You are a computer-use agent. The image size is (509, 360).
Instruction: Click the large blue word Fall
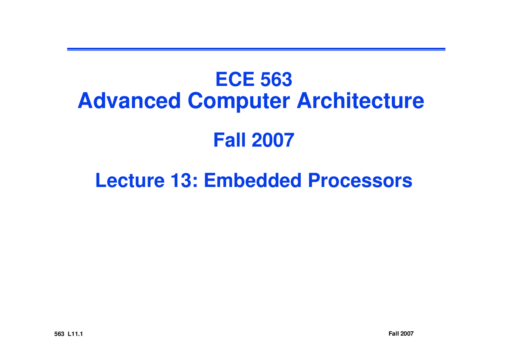[x=230, y=140]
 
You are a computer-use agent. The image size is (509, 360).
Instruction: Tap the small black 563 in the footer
[x=59, y=334]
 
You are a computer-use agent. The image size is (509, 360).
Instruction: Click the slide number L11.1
[x=75, y=334]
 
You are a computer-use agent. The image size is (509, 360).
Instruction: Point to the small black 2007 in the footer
[x=407, y=333]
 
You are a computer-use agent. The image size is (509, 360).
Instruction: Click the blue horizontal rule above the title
[x=256, y=49]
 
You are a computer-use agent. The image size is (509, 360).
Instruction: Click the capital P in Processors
[x=313, y=181]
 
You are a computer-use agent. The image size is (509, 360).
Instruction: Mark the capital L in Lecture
[x=100, y=181]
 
